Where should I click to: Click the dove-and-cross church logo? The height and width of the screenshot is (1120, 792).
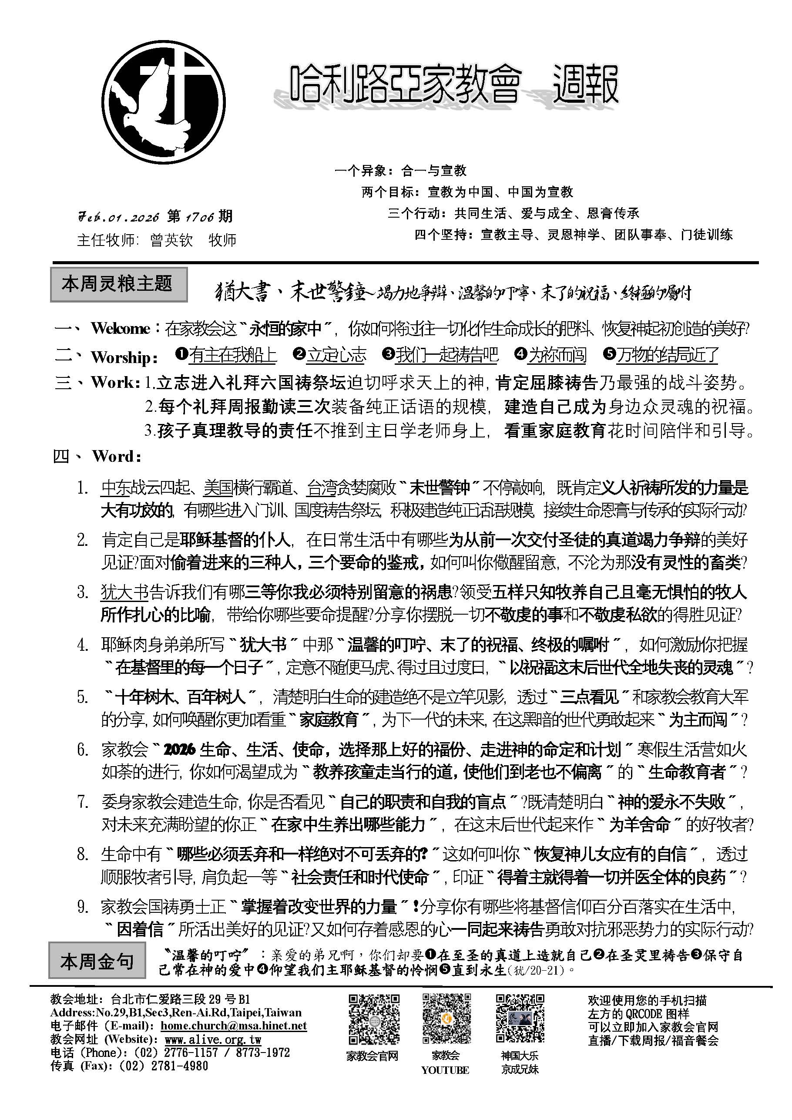(164, 102)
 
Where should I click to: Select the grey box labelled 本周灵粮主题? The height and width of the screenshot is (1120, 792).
(118, 284)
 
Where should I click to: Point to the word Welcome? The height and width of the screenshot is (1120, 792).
(120, 329)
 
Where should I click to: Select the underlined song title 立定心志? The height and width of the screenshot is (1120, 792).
(336, 355)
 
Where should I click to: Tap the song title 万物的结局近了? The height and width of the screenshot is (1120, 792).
(667, 355)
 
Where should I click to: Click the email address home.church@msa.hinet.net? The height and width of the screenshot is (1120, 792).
(234, 1026)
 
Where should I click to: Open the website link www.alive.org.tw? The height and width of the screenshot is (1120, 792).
(213, 1039)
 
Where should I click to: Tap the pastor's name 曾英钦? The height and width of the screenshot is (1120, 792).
(171, 240)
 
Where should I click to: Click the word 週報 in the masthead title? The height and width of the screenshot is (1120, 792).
(585, 84)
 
